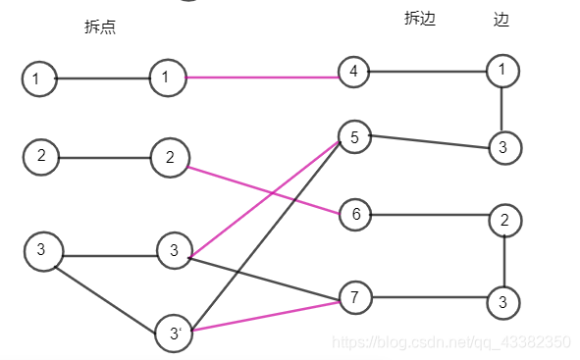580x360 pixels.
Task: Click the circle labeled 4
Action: tap(353, 72)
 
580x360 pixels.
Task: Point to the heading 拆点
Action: tap(100, 27)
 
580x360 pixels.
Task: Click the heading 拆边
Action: tap(420, 19)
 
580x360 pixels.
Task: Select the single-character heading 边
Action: tap(501, 19)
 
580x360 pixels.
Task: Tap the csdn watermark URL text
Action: tap(450, 341)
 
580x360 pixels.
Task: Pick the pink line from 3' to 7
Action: tap(265, 314)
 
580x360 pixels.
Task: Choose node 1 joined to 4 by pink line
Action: tap(168, 77)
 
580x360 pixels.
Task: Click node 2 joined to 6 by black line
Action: tap(503, 220)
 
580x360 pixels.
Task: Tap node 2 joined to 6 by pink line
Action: tap(170, 157)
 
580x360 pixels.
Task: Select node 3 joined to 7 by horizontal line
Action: tap(501, 301)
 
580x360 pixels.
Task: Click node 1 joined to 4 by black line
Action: tap(501, 70)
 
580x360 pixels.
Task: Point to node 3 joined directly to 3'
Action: tap(41, 250)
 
